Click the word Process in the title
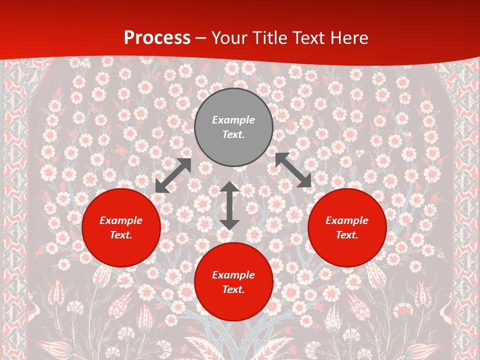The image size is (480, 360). click(157, 38)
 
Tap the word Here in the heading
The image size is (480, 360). click(348, 38)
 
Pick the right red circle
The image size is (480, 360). click(347, 247)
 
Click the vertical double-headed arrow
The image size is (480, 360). click(229, 205)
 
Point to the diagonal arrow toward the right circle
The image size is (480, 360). click(293, 170)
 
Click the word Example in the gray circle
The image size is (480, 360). click(233, 120)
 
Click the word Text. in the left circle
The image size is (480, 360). click(121, 235)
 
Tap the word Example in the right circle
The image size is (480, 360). click(347, 220)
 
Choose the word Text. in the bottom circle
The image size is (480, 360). click(233, 289)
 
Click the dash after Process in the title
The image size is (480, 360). click(201, 38)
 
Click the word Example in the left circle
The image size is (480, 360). click(121, 220)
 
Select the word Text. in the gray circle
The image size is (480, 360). click(233, 134)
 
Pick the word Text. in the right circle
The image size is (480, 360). click(347, 235)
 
